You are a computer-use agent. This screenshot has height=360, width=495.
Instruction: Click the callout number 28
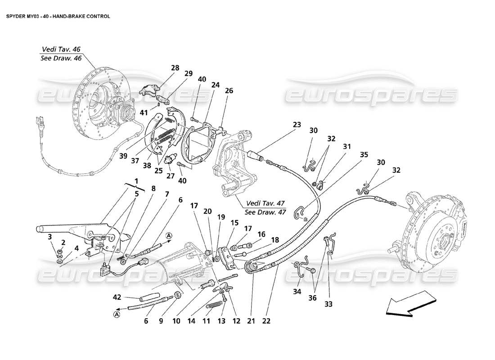[x=175, y=68]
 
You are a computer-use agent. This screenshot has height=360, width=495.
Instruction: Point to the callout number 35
[x=364, y=155]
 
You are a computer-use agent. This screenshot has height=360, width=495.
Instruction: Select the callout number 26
[x=229, y=90]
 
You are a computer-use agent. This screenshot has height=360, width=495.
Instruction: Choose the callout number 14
[x=193, y=321]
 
